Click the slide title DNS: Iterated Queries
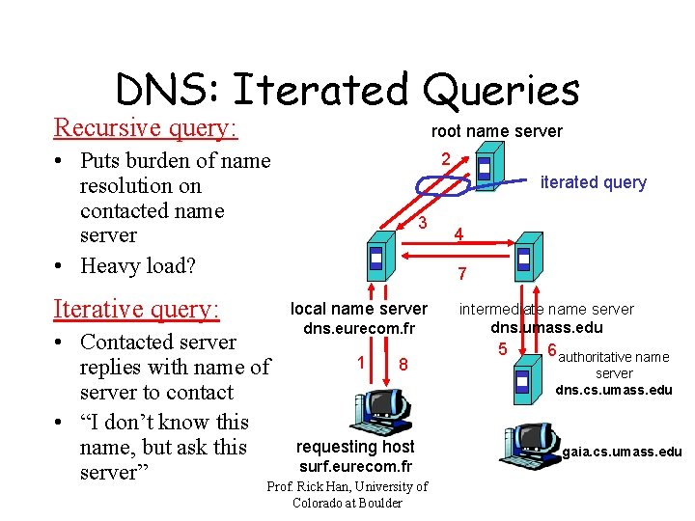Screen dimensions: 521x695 click(x=347, y=90)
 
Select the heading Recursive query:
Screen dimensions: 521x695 click(x=146, y=127)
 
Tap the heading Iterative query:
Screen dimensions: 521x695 click(x=137, y=309)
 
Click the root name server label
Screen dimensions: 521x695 click(x=496, y=131)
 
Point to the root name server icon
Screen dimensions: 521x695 click(x=486, y=168)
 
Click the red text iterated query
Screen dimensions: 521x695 click(x=594, y=182)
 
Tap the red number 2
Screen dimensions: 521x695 click(x=445, y=158)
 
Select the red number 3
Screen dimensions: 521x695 click(x=423, y=223)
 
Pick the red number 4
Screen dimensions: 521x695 click(x=459, y=234)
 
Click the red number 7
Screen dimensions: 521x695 click(x=462, y=274)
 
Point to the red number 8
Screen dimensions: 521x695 click(x=403, y=365)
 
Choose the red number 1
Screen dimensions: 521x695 click(x=360, y=362)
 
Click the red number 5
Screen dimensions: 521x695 click(x=502, y=347)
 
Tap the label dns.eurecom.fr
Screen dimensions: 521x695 click(x=358, y=329)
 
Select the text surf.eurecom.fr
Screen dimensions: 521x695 click(x=355, y=466)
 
